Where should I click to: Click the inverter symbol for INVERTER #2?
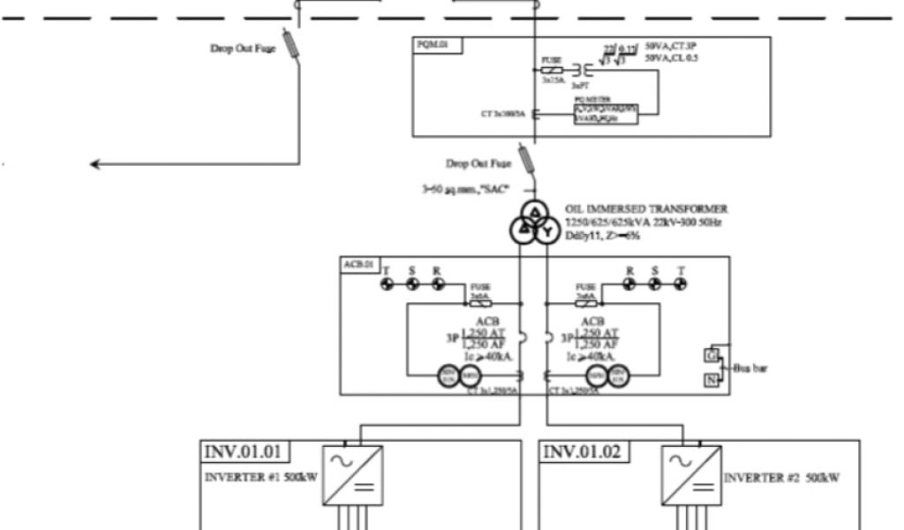click(691, 474)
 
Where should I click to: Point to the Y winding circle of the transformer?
click(546, 231)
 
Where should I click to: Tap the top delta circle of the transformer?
click(534, 212)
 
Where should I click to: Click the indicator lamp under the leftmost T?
click(387, 284)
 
